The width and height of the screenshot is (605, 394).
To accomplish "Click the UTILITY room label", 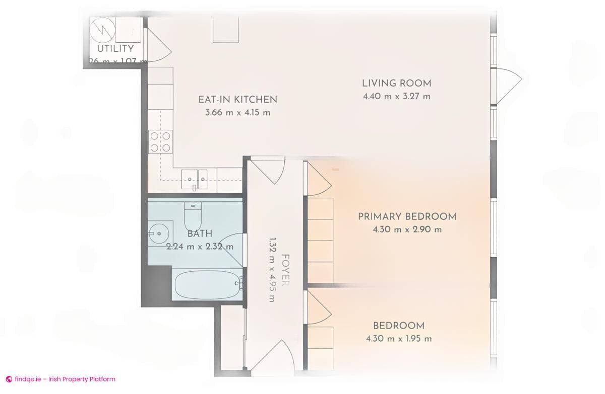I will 115,49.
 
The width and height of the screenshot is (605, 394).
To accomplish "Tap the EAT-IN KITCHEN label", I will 237,99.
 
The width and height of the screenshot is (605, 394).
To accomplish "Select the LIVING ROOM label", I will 396,84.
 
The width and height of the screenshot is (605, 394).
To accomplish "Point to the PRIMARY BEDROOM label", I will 407,217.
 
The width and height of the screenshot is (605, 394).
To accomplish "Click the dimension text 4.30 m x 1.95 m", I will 399,339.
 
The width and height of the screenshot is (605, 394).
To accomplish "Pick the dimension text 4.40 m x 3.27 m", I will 396,97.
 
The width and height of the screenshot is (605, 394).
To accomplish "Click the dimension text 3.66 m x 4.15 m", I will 237,113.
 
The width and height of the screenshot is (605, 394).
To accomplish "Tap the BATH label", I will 200,233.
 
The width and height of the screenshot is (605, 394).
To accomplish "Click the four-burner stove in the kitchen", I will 160,141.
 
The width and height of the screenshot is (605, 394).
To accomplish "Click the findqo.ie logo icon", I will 9,379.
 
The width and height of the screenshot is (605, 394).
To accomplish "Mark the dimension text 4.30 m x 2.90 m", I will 407,230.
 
